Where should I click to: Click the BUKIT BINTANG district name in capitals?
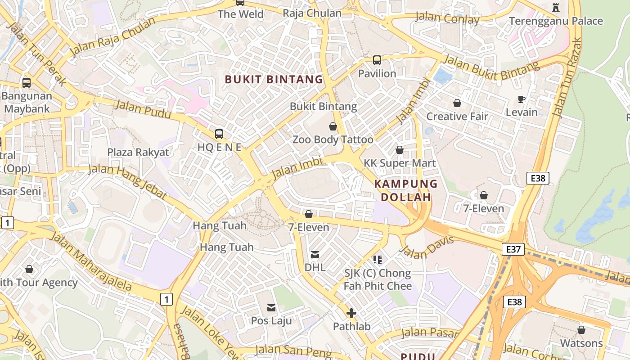pos(274,80)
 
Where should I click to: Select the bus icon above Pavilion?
pos(377,60)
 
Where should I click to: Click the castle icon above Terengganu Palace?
pos(555,7)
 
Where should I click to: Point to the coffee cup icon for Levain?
pos(522,99)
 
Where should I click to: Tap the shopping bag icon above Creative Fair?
pos(457,103)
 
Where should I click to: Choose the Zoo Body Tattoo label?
pos(333,139)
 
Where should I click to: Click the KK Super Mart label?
pos(400,163)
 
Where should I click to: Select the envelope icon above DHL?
pos(315,255)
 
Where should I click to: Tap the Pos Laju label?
pos(271,321)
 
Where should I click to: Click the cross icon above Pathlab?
pos(351,313)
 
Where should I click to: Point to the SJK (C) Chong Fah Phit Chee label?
pos(378,279)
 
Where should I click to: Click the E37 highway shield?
pos(513,249)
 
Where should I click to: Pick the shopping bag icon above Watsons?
pos(581,330)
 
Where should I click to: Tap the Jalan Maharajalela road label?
pos(90,261)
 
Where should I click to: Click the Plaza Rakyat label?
pos(138,152)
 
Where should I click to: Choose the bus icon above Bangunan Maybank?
pos(27,83)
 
